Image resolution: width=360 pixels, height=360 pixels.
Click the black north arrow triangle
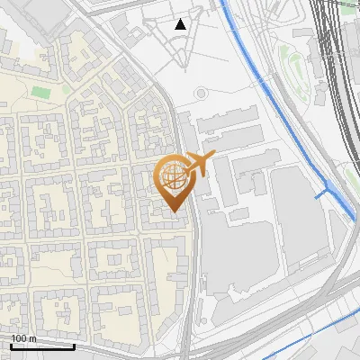tap(181, 24)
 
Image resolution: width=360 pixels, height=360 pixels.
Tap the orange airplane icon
tap(199, 163)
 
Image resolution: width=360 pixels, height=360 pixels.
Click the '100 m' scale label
tap(23, 338)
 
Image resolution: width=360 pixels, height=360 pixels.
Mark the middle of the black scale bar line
tap(42, 346)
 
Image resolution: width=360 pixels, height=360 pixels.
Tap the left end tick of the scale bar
tap(11, 344)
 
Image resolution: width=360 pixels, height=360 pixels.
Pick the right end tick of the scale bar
tap(74, 344)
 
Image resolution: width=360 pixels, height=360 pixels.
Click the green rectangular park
tap(41, 91)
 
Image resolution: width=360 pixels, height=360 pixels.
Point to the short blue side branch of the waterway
tap(320, 193)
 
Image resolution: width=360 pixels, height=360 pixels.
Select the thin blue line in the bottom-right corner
tap(306, 333)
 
